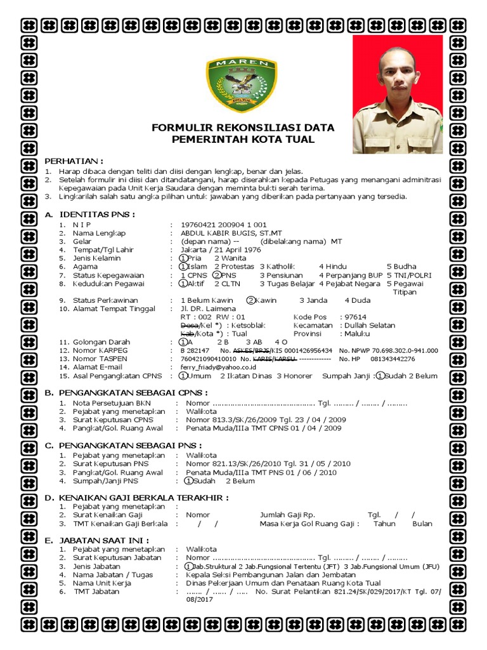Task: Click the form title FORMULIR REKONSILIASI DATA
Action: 243,128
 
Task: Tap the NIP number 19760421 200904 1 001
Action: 223,225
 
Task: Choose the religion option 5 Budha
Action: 401,267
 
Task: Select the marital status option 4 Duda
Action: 357,300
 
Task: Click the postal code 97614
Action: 353,317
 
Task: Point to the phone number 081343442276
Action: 393,359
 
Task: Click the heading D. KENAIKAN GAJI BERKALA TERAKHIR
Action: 136,498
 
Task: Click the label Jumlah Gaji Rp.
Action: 287,515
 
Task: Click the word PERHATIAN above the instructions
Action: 73,161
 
